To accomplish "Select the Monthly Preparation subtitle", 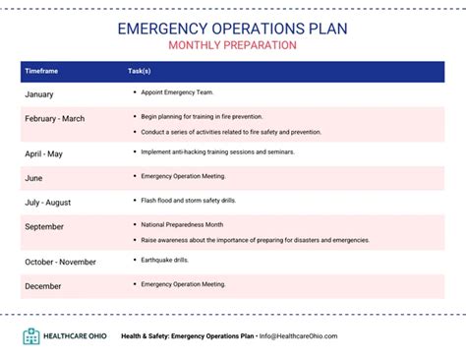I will click(x=232, y=45).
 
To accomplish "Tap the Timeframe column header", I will click(x=41, y=72).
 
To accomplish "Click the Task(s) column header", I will click(x=139, y=72).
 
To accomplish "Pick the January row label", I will click(x=38, y=94).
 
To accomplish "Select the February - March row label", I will click(x=54, y=119).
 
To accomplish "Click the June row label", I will click(x=33, y=177).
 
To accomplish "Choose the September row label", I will click(x=43, y=226).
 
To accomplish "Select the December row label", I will click(x=42, y=285).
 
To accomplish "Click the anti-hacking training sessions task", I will click(x=229, y=152).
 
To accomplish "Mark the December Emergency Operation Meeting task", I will click(x=184, y=284).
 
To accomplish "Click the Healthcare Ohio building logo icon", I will click(x=31, y=336).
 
